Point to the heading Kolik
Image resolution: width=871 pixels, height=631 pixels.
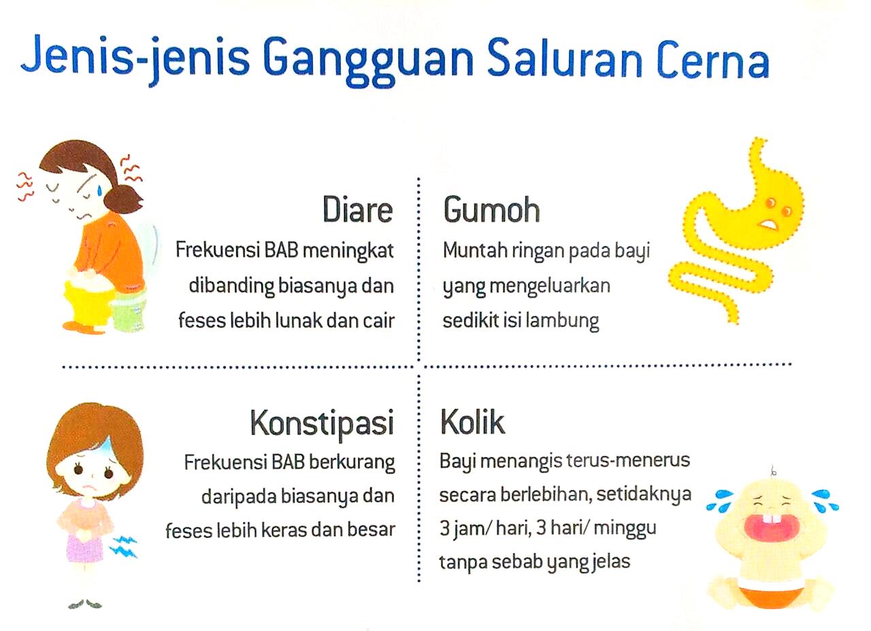(472, 422)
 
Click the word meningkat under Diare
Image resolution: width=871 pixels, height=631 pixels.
(348, 251)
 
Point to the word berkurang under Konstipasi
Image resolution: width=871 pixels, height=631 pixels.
(352, 463)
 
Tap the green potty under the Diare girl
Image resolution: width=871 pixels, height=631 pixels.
(129, 310)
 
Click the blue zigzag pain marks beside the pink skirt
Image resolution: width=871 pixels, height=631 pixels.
(123, 546)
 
